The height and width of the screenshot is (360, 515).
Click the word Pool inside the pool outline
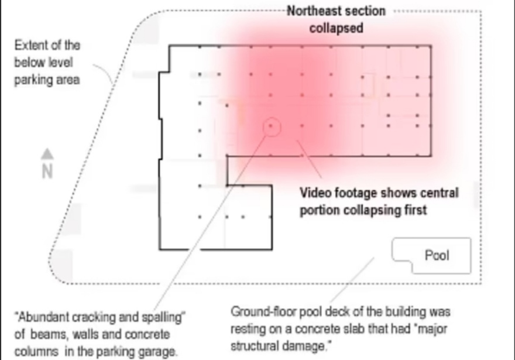point(437,255)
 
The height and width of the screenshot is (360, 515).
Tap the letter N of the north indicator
point(47,172)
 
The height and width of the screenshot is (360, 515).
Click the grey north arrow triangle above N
point(47,154)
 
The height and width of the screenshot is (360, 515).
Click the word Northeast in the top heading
point(314,11)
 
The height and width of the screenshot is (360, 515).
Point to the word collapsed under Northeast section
point(336,28)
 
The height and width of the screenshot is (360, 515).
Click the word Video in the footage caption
point(315,193)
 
